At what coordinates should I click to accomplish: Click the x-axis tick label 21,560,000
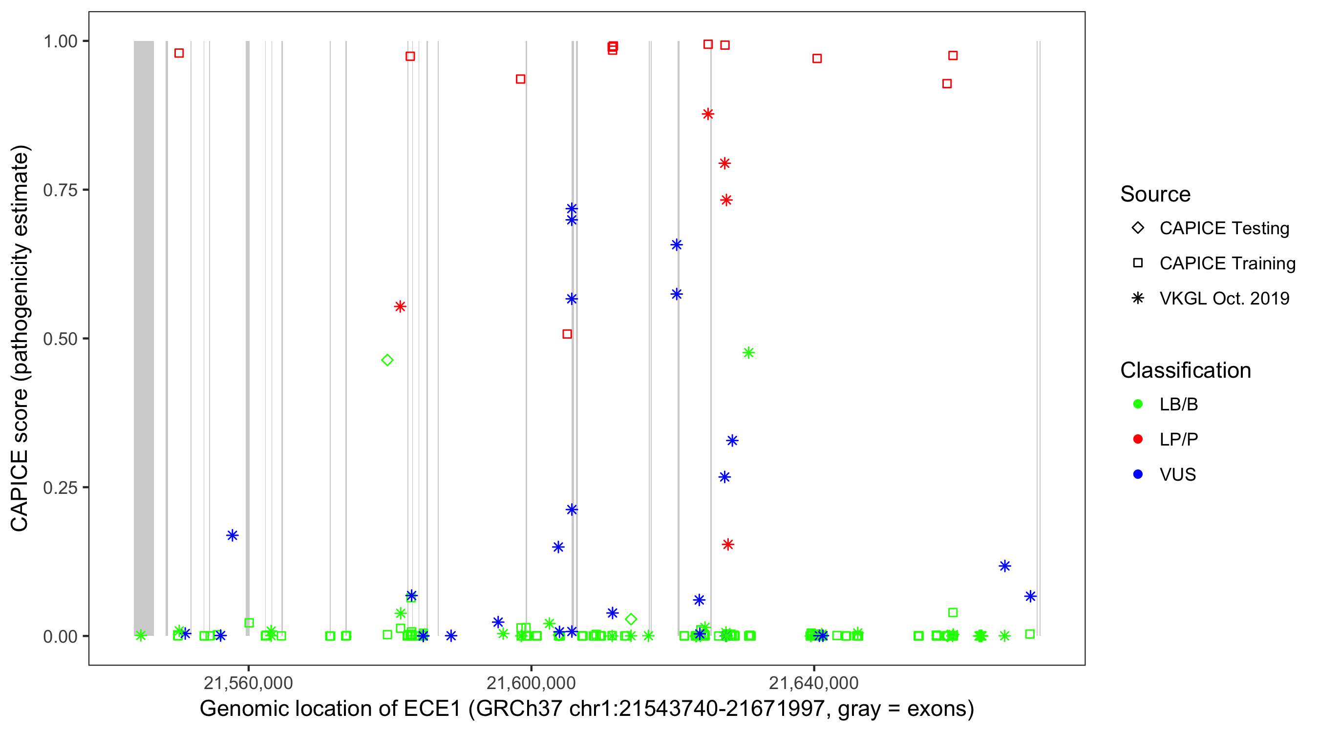[x=248, y=683]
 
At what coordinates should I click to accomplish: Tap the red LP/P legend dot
[x=1138, y=439]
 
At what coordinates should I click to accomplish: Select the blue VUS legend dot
[x=1138, y=475]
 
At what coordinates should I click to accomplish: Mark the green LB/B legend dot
[x=1138, y=404]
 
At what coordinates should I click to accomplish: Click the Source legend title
[x=1155, y=194]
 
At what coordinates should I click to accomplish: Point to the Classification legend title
[x=1185, y=370]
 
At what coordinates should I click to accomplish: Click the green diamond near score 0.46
[x=387, y=361]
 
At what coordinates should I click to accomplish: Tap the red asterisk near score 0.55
[x=400, y=307]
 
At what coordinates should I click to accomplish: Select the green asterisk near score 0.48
[x=748, y=353]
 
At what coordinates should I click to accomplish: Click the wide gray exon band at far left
[x=144, y=338]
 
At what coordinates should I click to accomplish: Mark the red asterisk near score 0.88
[x=708, y=114]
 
